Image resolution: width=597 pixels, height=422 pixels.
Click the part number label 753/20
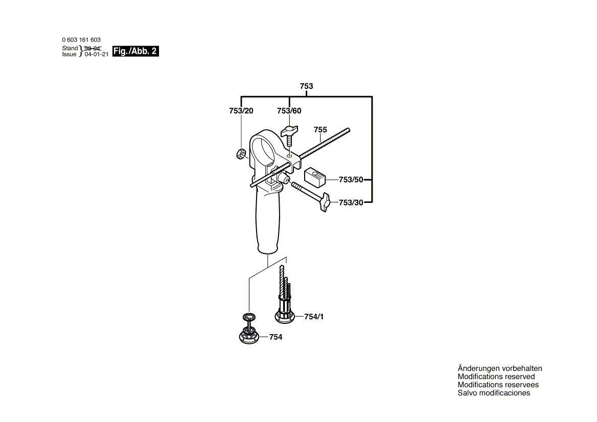point(241,111)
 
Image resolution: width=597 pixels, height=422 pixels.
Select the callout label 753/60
point(289,111)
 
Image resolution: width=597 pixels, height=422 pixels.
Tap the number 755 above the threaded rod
point(320,130)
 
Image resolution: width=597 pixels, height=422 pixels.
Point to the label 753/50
point(351,180)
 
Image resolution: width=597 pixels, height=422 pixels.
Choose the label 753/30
point(351,203)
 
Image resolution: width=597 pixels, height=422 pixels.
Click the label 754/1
point(314,317)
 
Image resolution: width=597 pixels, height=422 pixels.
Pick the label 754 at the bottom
point(275,337)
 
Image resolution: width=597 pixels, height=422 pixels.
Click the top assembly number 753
point(307,86)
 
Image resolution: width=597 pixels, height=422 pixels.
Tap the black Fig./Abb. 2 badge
point(135,52)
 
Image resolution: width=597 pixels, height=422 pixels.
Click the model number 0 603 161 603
point(81,40)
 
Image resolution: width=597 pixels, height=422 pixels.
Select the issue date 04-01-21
point(97,55)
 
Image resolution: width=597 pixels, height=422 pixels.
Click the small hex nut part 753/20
point(240,154)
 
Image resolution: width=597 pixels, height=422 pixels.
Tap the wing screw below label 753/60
point(289,135)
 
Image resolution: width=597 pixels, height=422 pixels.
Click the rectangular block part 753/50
point(314,177)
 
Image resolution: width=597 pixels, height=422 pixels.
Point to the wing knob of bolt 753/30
point(325,202)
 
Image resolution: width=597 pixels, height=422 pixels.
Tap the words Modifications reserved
point(496,377)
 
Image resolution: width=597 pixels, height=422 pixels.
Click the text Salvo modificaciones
point(494,393)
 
